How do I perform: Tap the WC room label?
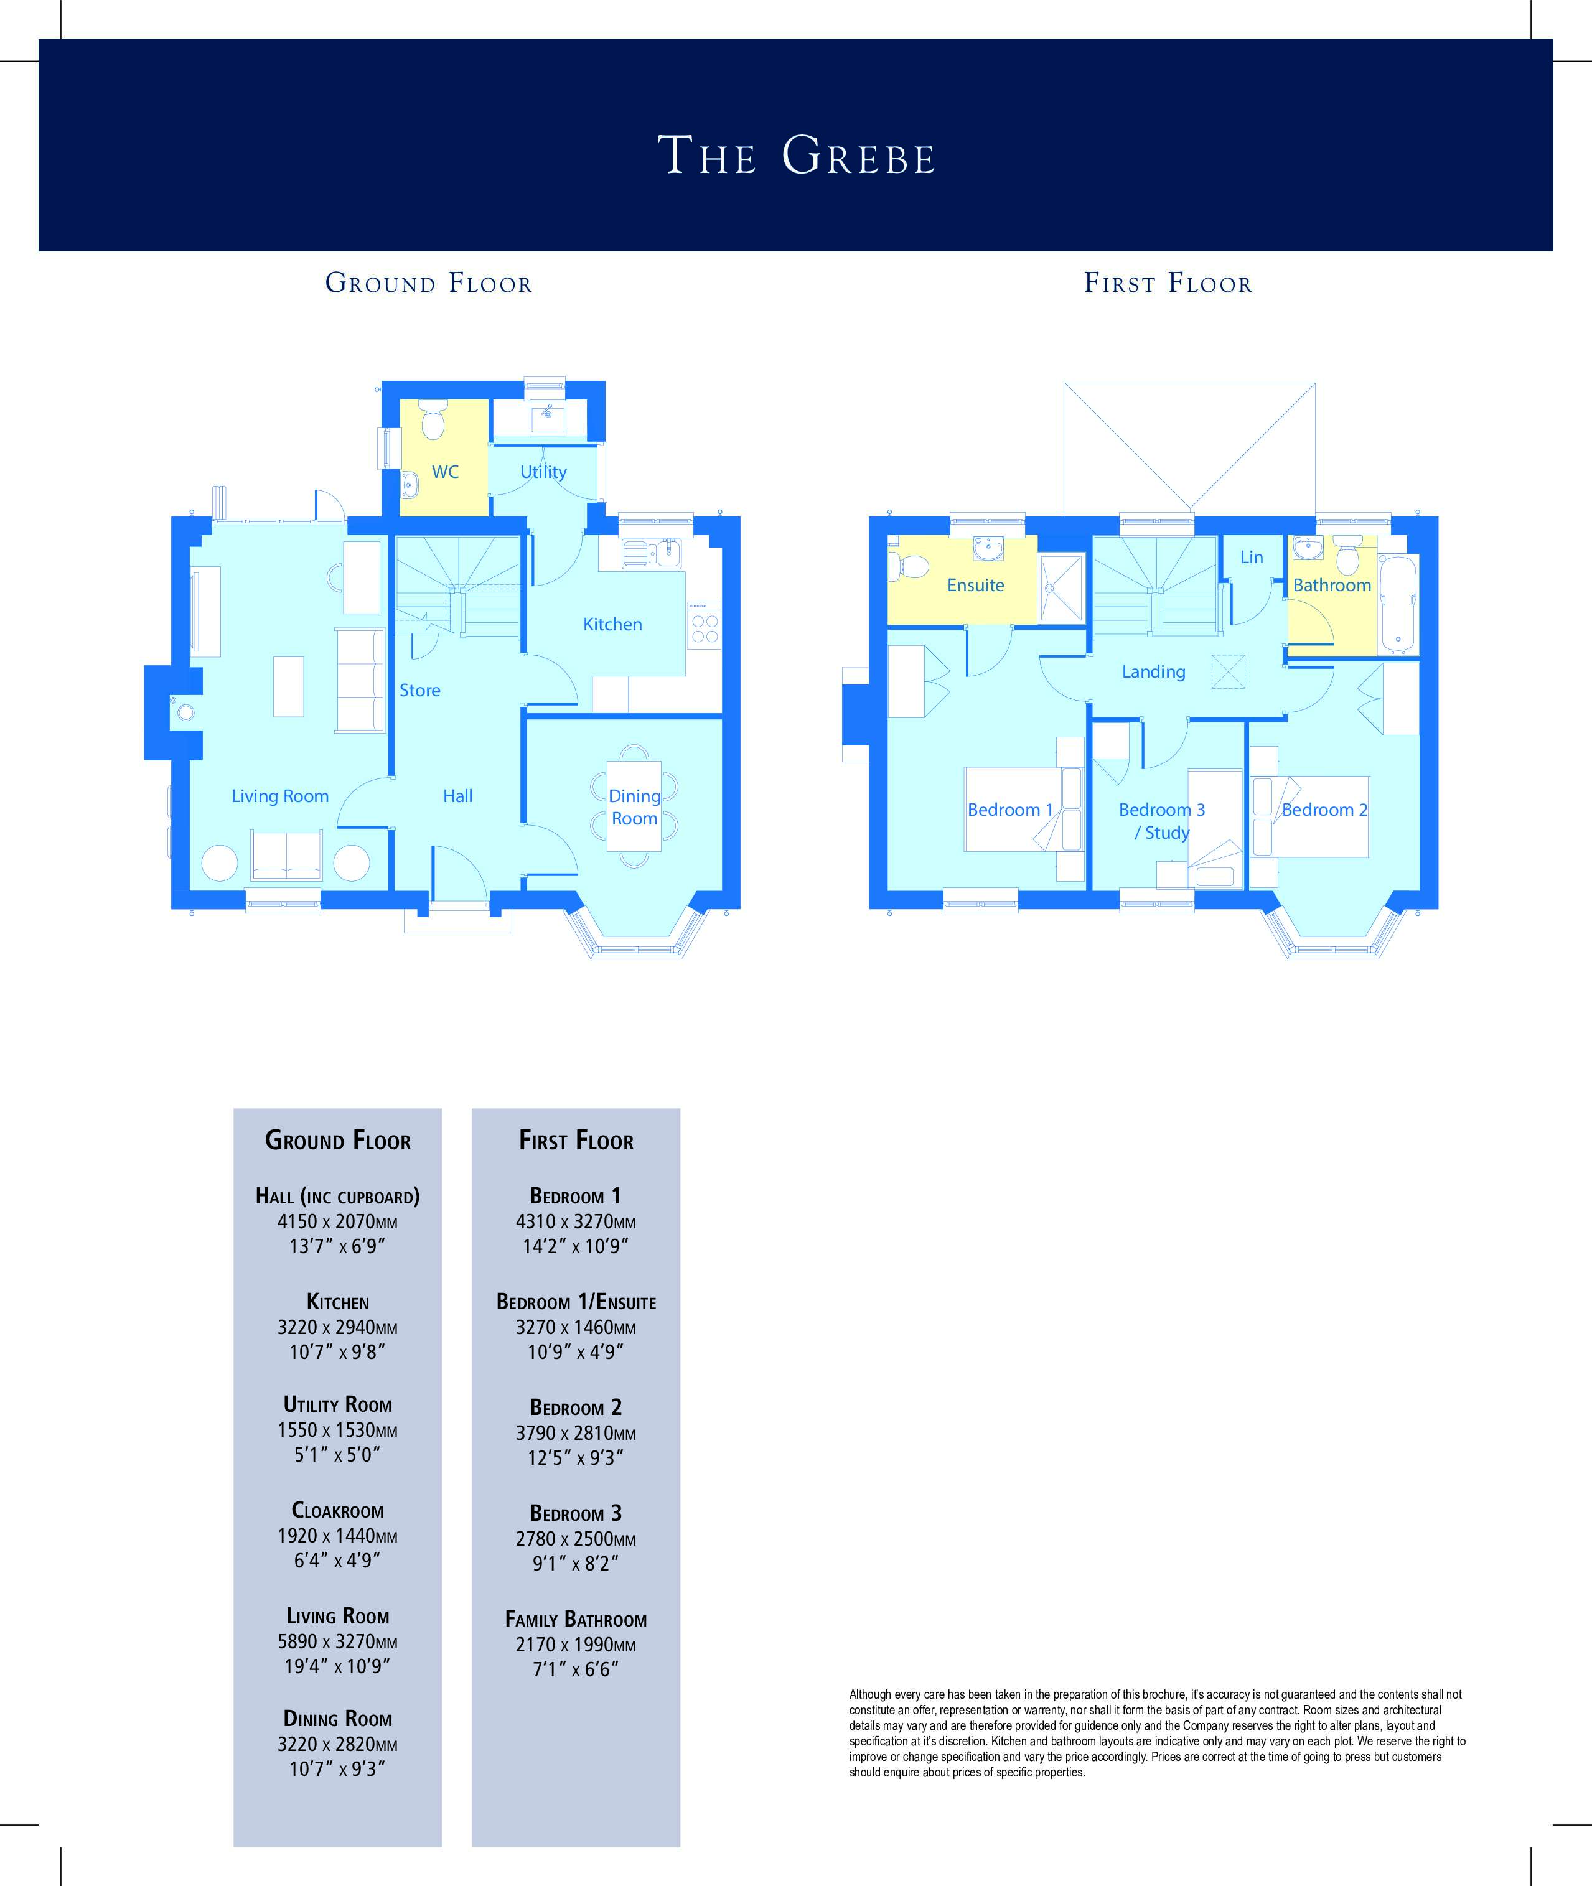click(445, 471)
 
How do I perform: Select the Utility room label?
click(543, 472)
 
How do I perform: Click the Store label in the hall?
click(419, 690)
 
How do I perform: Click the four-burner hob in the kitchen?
click(705, 628)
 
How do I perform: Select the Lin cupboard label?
click(1251, 557)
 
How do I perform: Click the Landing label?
click(1153, 671)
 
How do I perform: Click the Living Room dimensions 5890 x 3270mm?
click(337, 1641)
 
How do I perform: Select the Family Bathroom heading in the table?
click(576, 1619)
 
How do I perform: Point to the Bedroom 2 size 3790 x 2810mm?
click(576, 1432)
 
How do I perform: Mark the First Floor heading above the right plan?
click(1168, 282)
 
